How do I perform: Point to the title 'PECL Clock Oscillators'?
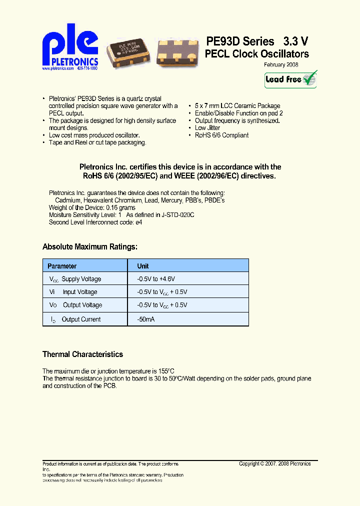[x=257, y=54]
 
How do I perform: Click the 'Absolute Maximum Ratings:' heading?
[x=90, y=246]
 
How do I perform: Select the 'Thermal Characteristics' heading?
[x=82, y=354]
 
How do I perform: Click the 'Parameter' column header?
[x=62, y=266]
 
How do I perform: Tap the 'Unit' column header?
[x=143, y=266]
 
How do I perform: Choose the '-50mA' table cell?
[x=146, y=319]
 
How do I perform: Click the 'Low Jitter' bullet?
[x=207, y=128]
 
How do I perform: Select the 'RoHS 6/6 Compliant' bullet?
[x=221, y=135]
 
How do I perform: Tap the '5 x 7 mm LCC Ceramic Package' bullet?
[x=237, y=106]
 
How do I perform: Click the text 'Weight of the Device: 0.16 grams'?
[x=92, y=207]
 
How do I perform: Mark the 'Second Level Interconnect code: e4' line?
[x=95, y=222]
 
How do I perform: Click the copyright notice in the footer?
[x=275, y=463]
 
